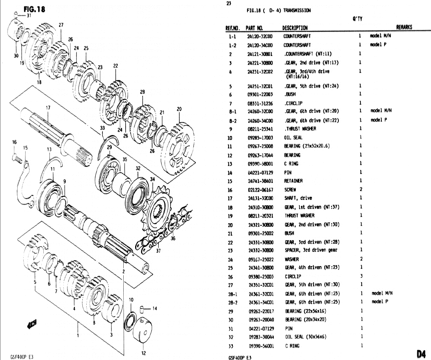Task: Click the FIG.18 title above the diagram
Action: pos(35,9)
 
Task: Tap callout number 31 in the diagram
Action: pos(29,16)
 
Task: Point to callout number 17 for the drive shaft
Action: pos(48,108)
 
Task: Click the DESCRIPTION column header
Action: pos(295,28)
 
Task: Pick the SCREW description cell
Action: pos(290,190)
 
